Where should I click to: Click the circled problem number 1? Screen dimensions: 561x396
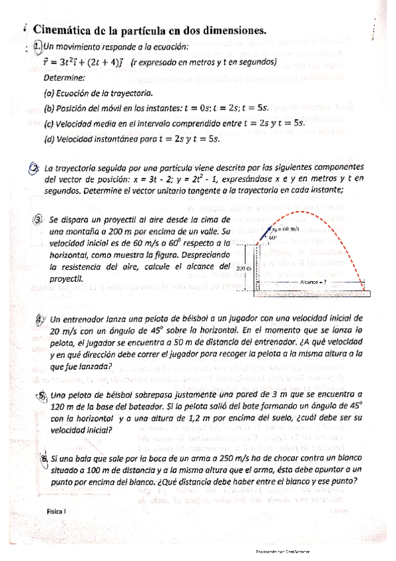point(38,46)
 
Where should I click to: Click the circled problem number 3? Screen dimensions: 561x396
point(38,220)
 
